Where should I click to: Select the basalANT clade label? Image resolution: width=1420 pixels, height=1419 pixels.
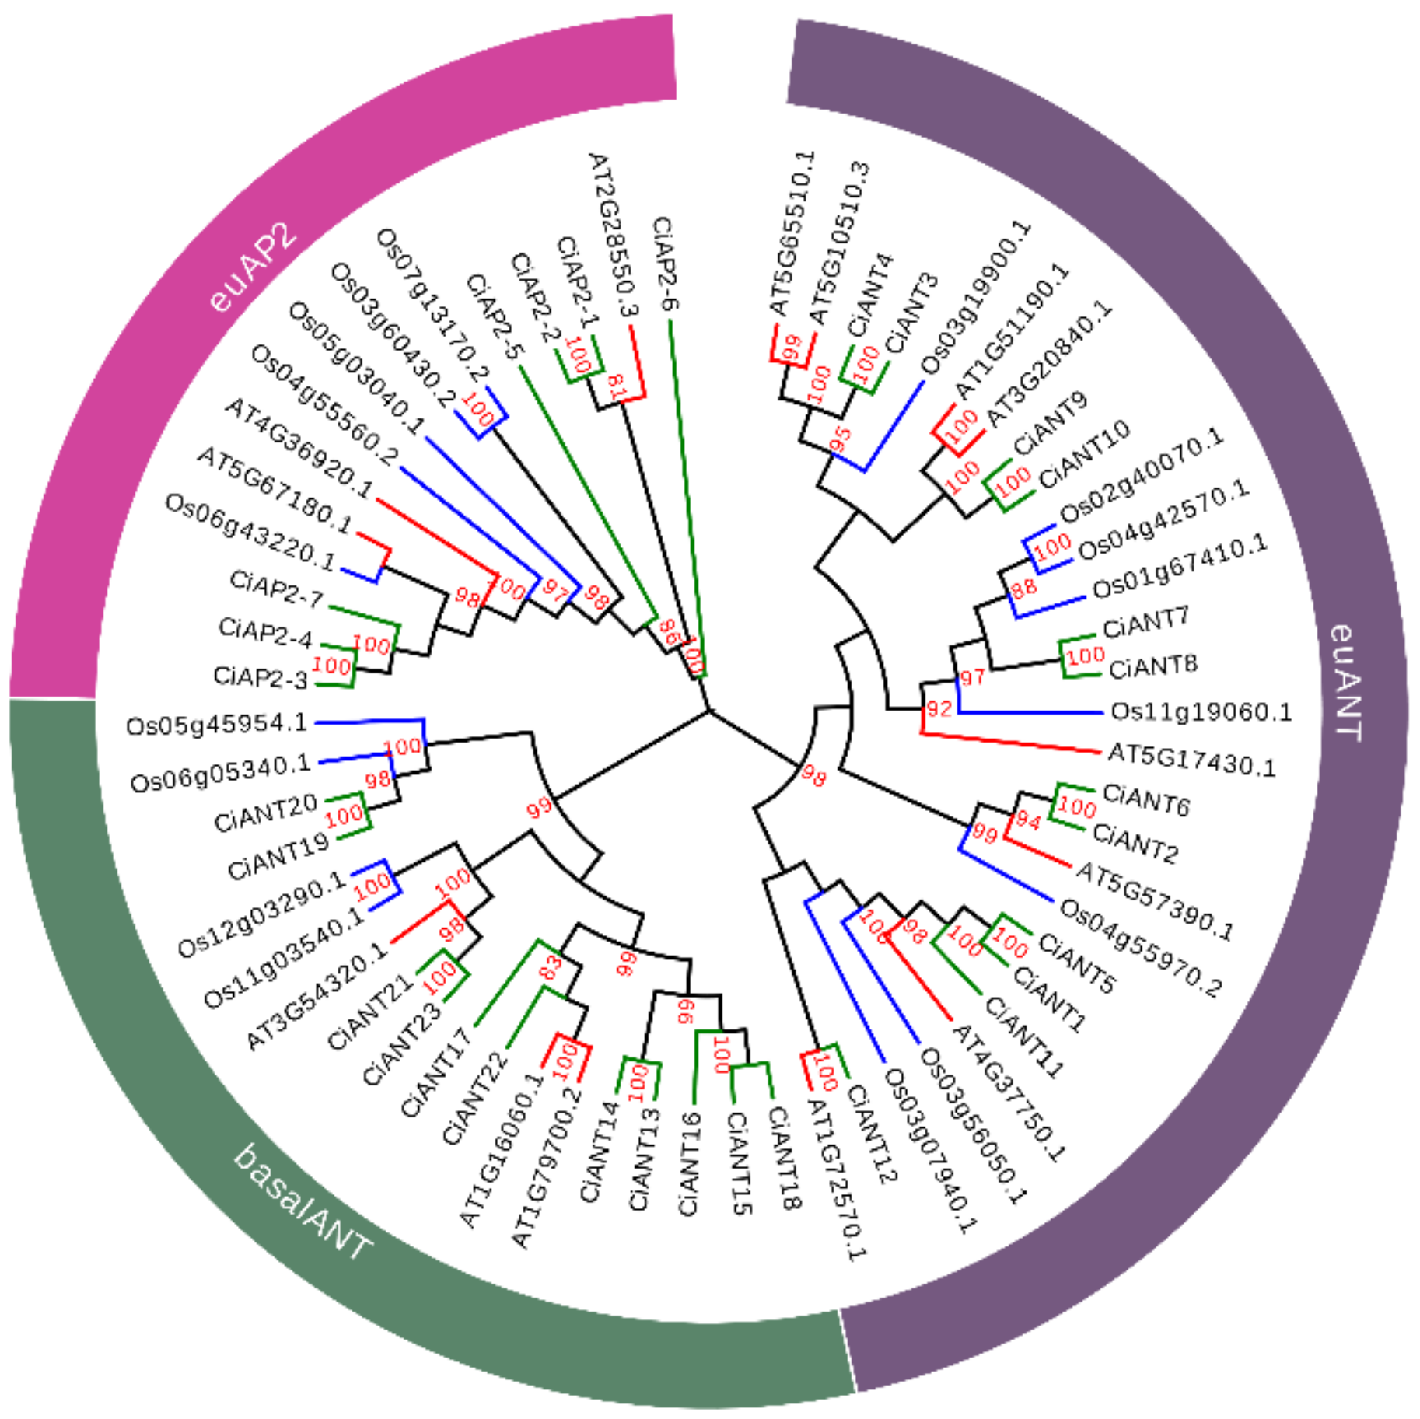coord(303,1204)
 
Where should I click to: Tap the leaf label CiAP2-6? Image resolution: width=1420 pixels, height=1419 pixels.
coord(664,264)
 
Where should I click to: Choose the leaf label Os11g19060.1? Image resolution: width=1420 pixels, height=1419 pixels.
coord(1201,711)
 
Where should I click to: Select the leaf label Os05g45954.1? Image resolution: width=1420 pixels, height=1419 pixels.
coord(217,725)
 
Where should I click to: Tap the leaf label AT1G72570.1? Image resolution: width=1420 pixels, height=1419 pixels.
coord(835,1179)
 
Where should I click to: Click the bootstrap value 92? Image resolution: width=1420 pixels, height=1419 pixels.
coord(939,708)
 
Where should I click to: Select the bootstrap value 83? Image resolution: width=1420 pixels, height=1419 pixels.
coord(550,967)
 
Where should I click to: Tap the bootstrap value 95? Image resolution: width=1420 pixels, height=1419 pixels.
coord(841,439)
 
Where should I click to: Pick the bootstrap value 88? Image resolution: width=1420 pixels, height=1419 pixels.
coord(1023,588)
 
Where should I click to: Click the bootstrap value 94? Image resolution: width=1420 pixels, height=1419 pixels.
coord(1027,820)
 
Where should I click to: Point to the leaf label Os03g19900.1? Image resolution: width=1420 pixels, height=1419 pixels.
coord(975,296)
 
